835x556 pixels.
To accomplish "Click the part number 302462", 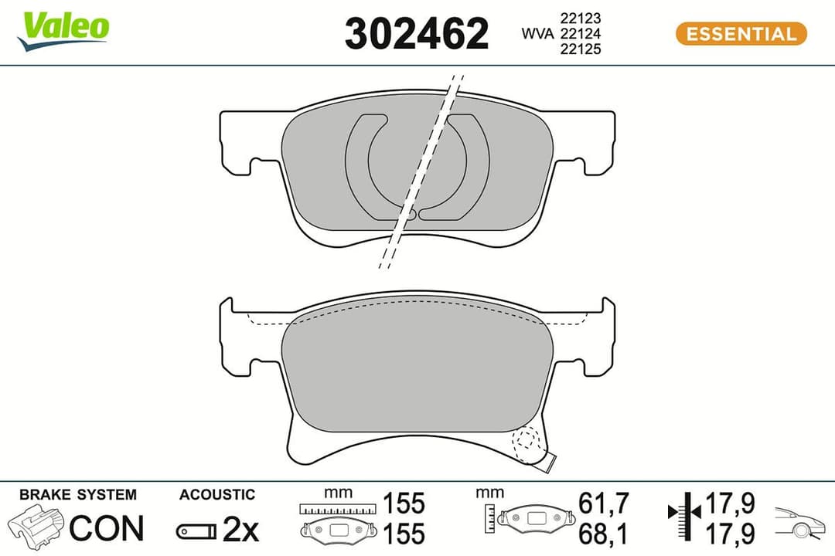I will tap(417, 34).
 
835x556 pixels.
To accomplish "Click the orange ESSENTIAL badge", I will tap(741, 34).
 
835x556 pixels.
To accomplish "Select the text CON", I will tap(107, 528).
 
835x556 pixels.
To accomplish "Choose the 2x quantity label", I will tap(240, 529).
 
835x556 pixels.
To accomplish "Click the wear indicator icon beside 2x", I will tap(196, 531).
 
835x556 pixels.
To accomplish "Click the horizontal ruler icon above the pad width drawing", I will tap(339, 509).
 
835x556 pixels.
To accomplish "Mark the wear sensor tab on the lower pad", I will tap(548, 462).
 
